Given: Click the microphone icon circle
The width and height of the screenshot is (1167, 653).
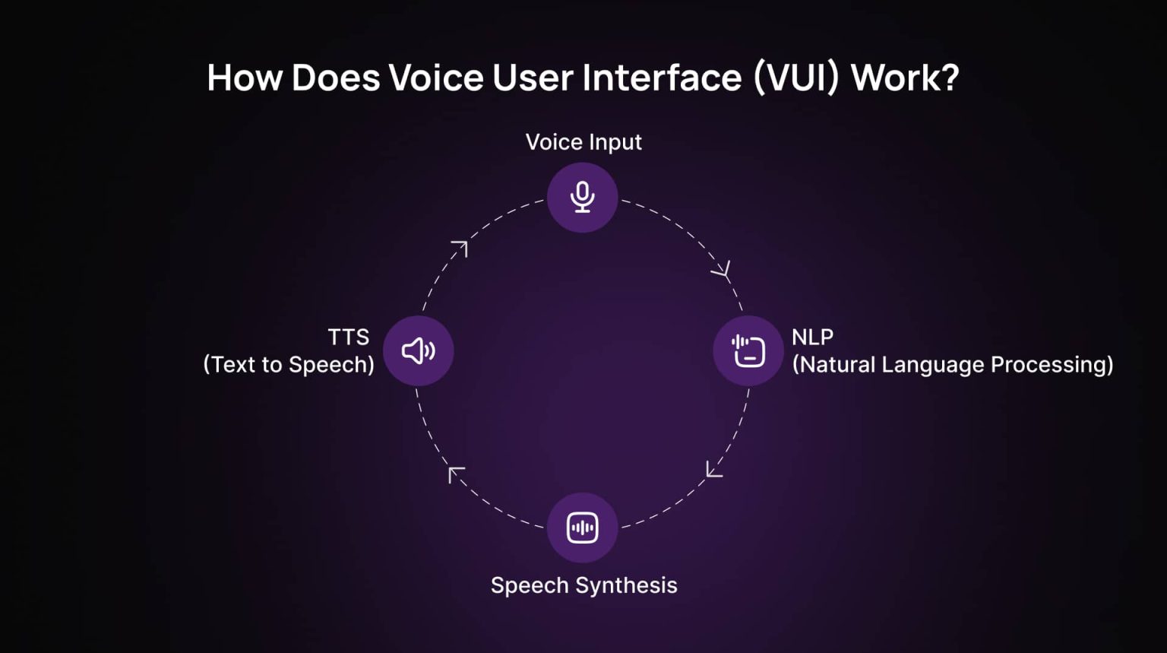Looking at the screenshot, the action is tap(583, 198).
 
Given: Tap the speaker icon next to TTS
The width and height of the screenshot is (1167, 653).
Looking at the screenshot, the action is tap(419, 350).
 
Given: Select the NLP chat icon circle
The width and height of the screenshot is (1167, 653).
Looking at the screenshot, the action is tap(748, 350).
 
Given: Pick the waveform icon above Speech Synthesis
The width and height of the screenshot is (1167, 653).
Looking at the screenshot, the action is tap(583, 528).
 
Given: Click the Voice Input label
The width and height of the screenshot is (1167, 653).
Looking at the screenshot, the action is tap(583, 142).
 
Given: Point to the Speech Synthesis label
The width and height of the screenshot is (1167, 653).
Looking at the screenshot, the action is tap(584, 586).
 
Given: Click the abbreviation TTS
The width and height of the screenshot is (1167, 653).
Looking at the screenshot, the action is tap(349, 338).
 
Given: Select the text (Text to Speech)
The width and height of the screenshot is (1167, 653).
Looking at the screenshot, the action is tap(289, 364).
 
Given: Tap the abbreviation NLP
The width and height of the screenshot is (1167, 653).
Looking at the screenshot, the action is tap(813, 338).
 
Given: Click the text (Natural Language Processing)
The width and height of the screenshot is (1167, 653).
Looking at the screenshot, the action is tap(953, 364).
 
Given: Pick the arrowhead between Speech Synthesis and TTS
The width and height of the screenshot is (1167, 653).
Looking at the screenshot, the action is tap(455, 474).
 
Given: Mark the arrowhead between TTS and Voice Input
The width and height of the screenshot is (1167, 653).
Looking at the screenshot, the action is tap(460, 248).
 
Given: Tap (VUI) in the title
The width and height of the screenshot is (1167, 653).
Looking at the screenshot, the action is tap(796, 78).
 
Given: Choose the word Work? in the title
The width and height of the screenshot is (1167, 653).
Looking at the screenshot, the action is tap(906, 78).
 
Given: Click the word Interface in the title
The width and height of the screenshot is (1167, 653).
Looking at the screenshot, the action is tap(662, 78).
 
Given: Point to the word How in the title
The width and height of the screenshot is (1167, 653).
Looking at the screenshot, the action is tap(245, 78).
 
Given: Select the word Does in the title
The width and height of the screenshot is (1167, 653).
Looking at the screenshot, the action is tap(336, 78).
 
